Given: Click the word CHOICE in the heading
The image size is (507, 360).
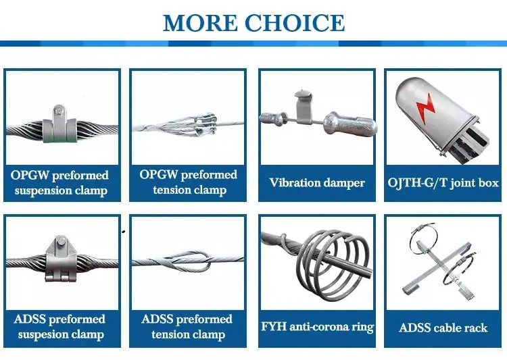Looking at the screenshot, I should pos(295,22).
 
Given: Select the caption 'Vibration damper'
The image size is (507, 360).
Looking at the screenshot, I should pos(317,183).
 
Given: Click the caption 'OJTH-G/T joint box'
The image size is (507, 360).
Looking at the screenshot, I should pos(443,183).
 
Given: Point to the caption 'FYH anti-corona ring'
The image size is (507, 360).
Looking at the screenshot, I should pos(317,327).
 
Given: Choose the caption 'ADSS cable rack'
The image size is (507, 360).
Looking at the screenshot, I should pos(443,328).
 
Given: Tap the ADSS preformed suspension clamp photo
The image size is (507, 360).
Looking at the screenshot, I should pos(62,259).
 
